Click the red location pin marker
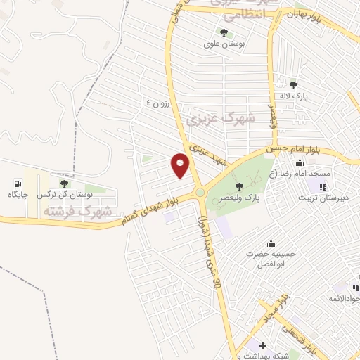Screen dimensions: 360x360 180,166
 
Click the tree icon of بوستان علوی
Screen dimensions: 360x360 224,32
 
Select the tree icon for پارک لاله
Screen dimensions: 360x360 293,84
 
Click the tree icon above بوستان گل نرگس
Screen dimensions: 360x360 64,184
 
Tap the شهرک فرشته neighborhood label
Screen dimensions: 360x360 77,210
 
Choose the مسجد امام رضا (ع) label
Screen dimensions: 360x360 335,172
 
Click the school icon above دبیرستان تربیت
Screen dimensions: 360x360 323,187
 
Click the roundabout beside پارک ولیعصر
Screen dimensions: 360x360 200,192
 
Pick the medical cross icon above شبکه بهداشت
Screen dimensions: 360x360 262,346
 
